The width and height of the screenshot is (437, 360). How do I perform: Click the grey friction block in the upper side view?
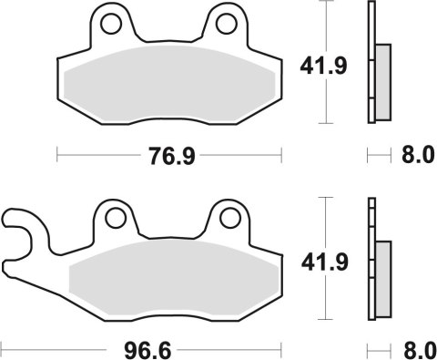pos(383,81)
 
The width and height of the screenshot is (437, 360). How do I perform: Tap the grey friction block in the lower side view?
pos(383,278)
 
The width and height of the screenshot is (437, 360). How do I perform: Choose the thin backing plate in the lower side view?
pos(371,260)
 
